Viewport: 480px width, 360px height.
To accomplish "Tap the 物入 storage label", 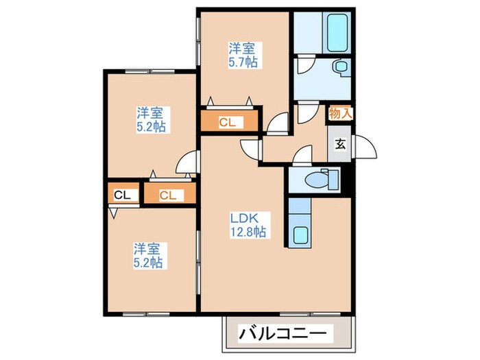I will pos(339,114).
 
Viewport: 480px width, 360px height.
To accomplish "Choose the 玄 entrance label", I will pos(339,145).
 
